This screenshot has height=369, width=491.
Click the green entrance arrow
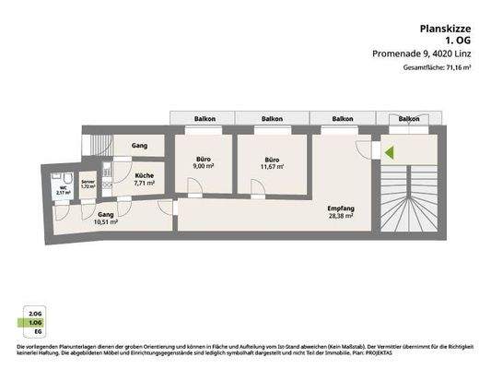390,153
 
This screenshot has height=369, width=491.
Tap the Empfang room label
341,208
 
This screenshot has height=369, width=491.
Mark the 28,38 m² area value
341,218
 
